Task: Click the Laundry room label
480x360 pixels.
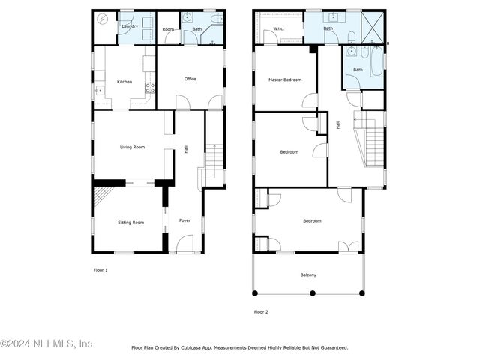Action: pyautogui.click(x=130, y=25)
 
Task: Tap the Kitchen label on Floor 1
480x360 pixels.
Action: pyautogui.click(x=124, y=82)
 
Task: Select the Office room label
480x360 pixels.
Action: pyautogui.click(x=190, y=79)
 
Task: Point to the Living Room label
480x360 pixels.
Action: pyautogui.click(x=132, y=147)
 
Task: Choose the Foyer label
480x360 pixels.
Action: pyautogui.click(x=184, y=220)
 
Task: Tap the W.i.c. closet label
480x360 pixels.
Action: pyautogui.click(x=278, y=29)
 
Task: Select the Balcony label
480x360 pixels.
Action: pyautogui.click(x=308, y=274)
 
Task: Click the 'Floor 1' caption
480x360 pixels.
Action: pyautogui.click(x=100, y=269)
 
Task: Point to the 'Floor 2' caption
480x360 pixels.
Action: pyautogui.click(x=261, y=311)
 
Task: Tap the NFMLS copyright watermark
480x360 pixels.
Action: pyautogui.click(x=46, y=343)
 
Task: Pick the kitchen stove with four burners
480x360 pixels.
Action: pyautogui.click(x=149, y=88)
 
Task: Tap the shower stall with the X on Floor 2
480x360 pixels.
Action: pyautogui.click(x=372, y=28)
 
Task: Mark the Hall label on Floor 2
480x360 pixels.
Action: pyautogui.click(x=338, y=126)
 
